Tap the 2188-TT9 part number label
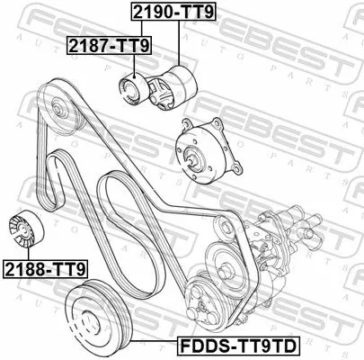point(44,267)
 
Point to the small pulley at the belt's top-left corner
point(61,110)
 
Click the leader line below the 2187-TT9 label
point(133,63)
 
